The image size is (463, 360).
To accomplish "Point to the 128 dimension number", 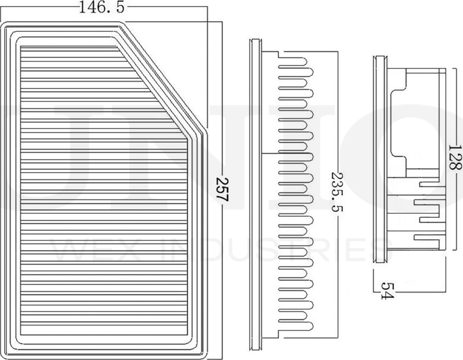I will [x=455, y=157].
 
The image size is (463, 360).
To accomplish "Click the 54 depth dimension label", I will [x=386, y=290].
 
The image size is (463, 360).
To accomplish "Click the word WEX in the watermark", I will [x=92, y=249].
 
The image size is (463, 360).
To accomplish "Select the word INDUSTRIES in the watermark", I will [x=270, y=249].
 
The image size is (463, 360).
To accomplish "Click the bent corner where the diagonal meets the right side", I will [x=204, y=130].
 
